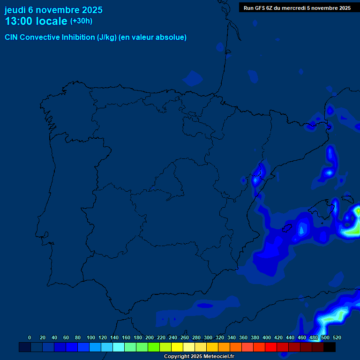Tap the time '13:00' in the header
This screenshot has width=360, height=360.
tap(20, 21)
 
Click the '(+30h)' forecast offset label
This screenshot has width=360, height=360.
tap(81, 21)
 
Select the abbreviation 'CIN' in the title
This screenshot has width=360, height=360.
tap(12, 37)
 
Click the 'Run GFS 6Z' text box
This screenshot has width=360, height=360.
tap(297, 8)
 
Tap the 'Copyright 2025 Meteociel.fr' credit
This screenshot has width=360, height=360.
tap(199, 357)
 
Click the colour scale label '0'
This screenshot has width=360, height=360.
tap(30, 337)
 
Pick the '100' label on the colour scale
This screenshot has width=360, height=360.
tap(90, 337)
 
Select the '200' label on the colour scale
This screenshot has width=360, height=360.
tap(149, 337)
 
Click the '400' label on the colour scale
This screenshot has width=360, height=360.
tap(266, 337)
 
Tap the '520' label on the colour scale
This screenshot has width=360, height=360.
tap(337, 337)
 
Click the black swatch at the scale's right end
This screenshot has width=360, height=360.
tap(330, 347)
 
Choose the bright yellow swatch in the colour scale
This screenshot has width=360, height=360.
tap(177, 347)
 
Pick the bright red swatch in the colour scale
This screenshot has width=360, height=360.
tap(271, 347)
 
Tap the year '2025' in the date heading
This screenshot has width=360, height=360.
tap(92, 10)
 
